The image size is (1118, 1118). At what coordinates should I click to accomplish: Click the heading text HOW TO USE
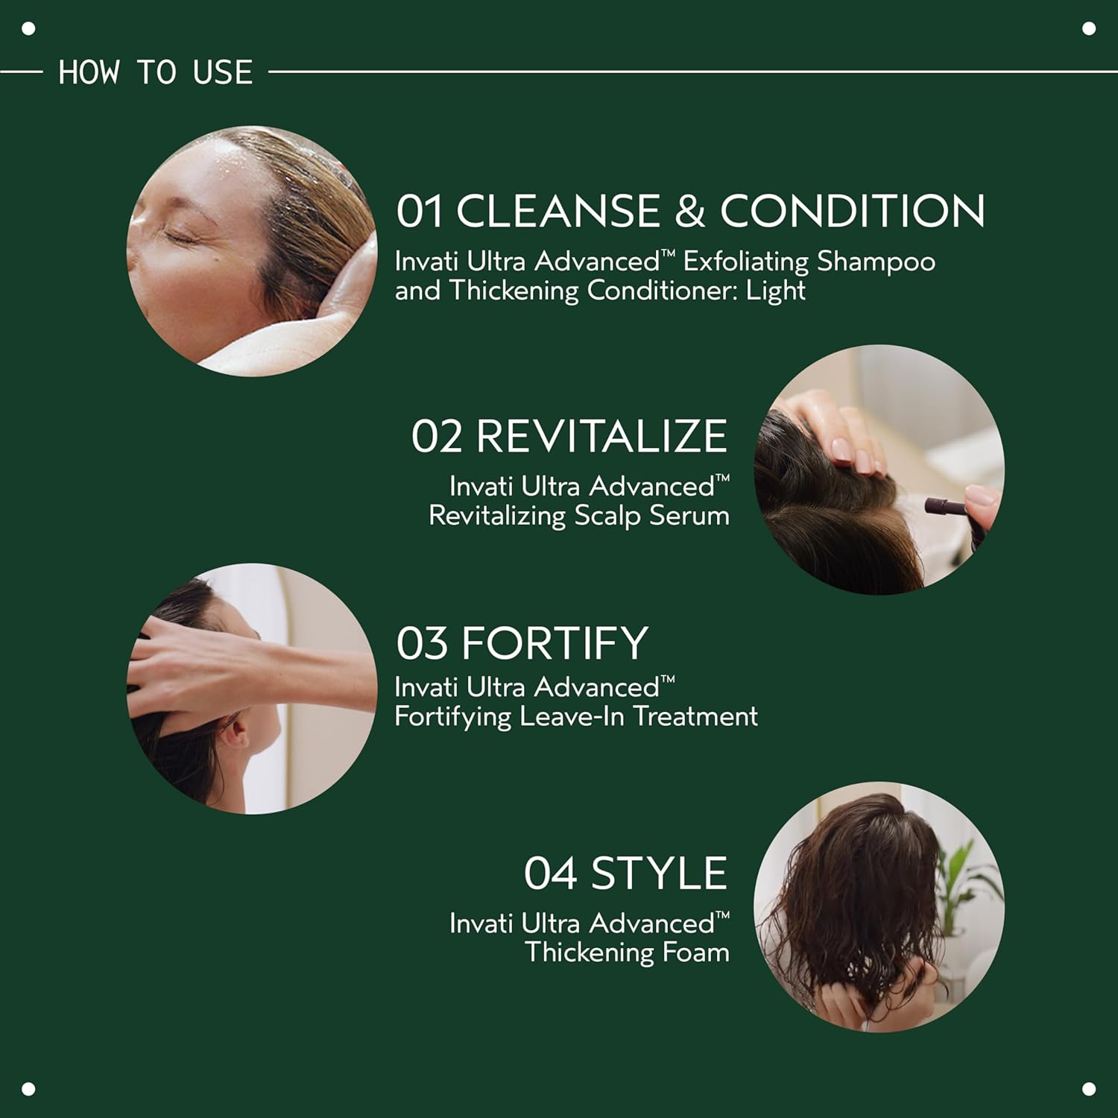pos(156,72)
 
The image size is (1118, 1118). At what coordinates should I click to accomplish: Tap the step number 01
pos(419,211)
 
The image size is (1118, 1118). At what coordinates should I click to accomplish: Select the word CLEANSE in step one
pos(558,211)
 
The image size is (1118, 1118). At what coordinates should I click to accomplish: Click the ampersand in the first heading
pos(689,211)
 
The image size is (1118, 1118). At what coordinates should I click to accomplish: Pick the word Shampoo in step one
pos(876,262)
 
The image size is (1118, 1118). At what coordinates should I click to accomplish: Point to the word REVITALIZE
pos(601,437)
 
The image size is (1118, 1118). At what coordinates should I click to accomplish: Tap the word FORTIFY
pos(555,643)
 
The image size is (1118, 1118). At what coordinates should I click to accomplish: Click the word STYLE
pos(658,874)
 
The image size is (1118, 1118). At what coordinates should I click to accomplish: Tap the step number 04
pos(549,874)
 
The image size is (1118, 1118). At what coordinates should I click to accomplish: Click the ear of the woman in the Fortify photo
pos(237,733)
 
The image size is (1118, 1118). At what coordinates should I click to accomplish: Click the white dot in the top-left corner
pos(29,29)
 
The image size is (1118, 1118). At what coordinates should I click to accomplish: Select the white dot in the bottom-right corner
pos(1089,1089)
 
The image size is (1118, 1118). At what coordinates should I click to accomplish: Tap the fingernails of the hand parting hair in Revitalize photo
pos(850,451)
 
